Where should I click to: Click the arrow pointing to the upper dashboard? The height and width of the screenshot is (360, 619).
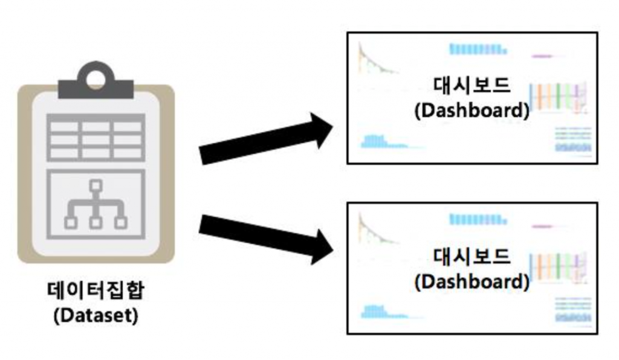tap(266, 139)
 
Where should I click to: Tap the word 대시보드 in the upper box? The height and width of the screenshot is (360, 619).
tap(472, 86)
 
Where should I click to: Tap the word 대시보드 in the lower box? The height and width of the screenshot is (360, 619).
tap(472, 256)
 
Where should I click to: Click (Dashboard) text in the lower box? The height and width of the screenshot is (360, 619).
tap(472, 281)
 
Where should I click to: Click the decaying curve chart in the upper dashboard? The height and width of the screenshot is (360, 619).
tap(375, 60)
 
